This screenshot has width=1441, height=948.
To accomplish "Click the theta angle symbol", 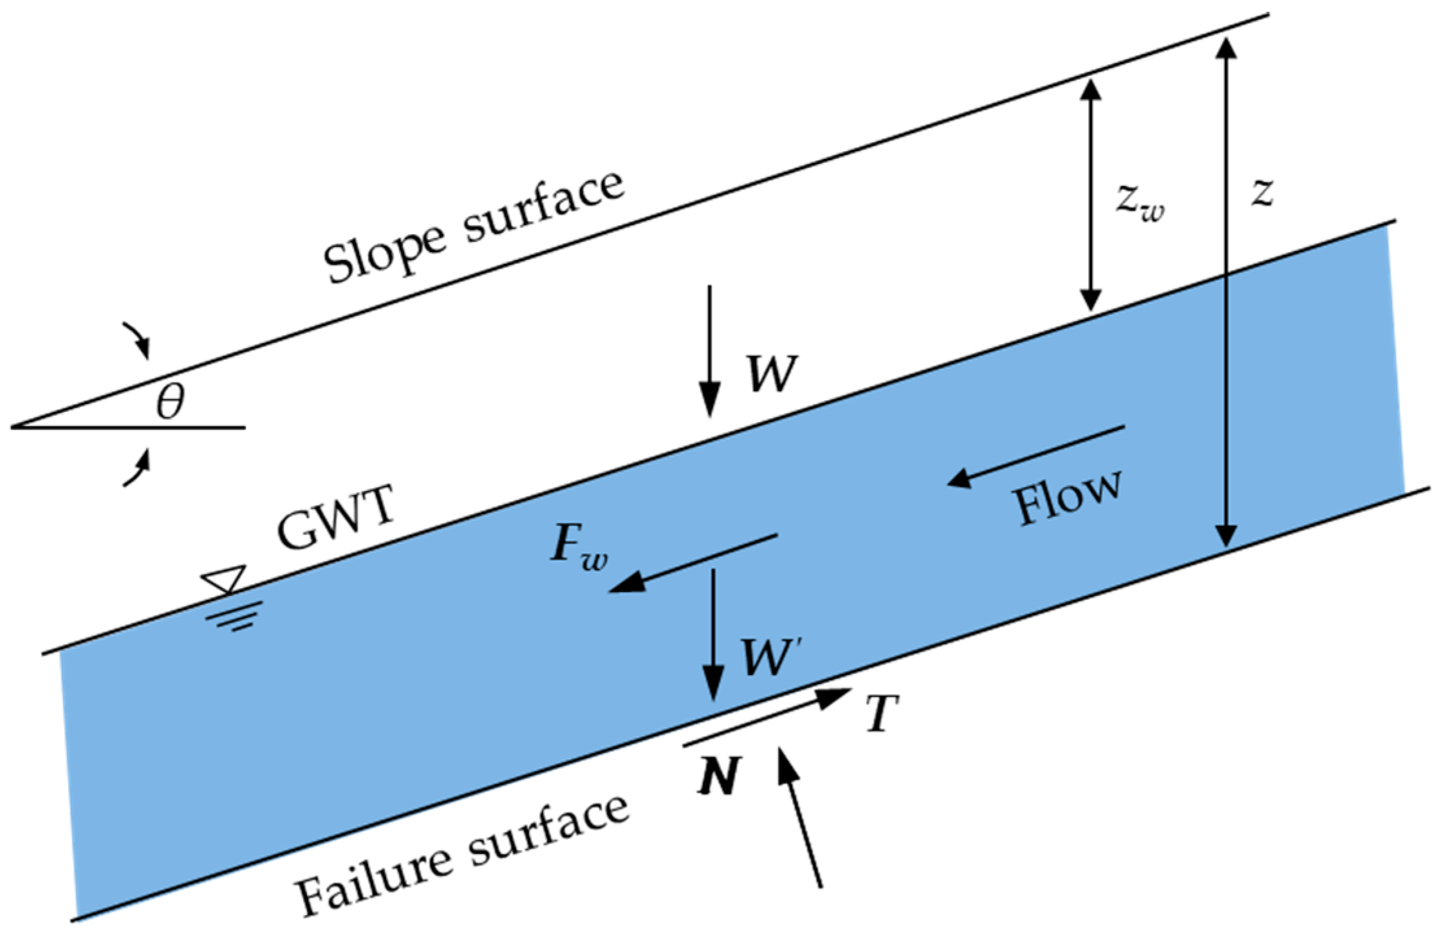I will pos(171,401).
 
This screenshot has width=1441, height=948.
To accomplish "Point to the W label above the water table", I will pos(771,374).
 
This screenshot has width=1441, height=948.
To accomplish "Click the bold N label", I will pos(718,776).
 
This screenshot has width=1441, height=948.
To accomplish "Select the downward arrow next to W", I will pos(710,351).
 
